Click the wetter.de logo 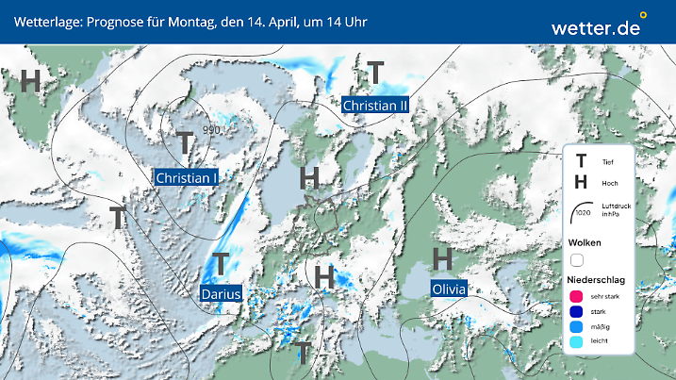coord(598,27)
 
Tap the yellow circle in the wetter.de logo coord(643,15)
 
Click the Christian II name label coord(375,106)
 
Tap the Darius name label coord(222,294)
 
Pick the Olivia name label coord(448,289)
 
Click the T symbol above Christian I coord(185,144)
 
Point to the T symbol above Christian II coord(375,73)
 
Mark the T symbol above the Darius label coord(222,264)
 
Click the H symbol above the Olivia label coord(442,258)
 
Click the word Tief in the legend coord(607,162)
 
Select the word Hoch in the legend coord(608,182)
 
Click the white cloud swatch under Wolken coord(578,259)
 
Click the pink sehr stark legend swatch coord(577,296)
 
